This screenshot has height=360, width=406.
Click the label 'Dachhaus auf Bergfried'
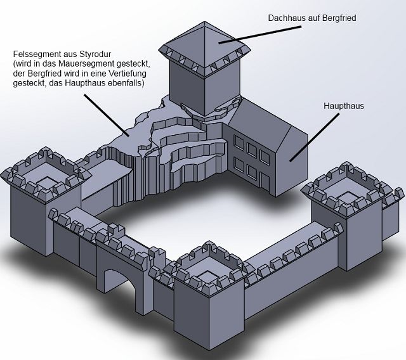[312, 18]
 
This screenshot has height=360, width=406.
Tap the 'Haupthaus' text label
[344, 106]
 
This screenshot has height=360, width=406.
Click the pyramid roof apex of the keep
[204, 22]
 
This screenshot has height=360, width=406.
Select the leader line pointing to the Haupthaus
[314, 138]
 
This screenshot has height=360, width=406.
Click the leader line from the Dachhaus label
[260, 34]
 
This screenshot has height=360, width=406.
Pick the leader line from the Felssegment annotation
[107, 115]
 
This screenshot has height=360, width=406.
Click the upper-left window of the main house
[239, 143]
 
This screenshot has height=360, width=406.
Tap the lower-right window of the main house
[265, 180]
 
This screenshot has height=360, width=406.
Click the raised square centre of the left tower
[47, 182]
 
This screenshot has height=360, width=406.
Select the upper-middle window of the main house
[252, 150]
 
